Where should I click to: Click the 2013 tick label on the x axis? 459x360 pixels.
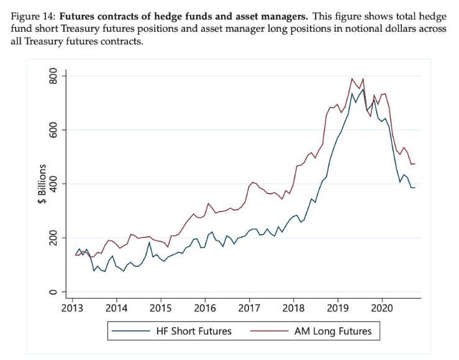pos(72,308)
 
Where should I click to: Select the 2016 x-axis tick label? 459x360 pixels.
pos(205,308)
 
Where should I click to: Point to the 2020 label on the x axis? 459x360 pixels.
pos(382,308)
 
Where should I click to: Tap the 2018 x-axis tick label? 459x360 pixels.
pos(293,308)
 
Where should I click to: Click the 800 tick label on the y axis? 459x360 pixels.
pos(53,76)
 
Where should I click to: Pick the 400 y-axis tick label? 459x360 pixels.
pos(53,183)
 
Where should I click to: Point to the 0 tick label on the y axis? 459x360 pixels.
pos(53,292)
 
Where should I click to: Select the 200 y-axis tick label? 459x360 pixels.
pos(53,238)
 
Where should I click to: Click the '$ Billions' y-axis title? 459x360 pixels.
pos(42,183)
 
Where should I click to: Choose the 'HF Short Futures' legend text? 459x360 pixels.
pos(194,331)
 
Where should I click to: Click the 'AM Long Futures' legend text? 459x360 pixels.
pos(333,331)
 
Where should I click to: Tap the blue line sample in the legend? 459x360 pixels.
pos(131,331)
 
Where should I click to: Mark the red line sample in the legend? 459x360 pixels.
pos(270,331)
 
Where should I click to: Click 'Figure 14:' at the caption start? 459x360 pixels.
pos(33,16)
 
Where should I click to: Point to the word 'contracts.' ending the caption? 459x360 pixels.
pos(122,41)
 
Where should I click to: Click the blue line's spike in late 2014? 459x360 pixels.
pos(149,242)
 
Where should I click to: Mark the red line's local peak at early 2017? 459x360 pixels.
pos(253,182)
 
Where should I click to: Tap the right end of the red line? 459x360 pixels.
pos(415,164)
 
